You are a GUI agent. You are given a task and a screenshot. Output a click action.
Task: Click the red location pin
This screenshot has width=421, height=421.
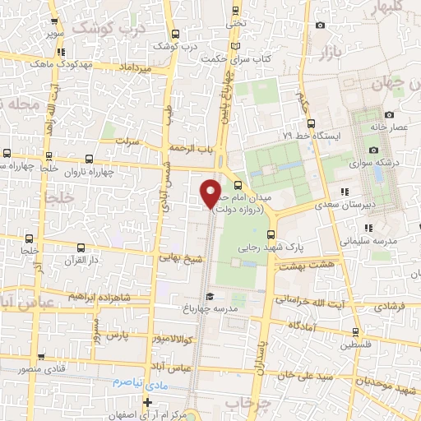(x=211, y=192)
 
